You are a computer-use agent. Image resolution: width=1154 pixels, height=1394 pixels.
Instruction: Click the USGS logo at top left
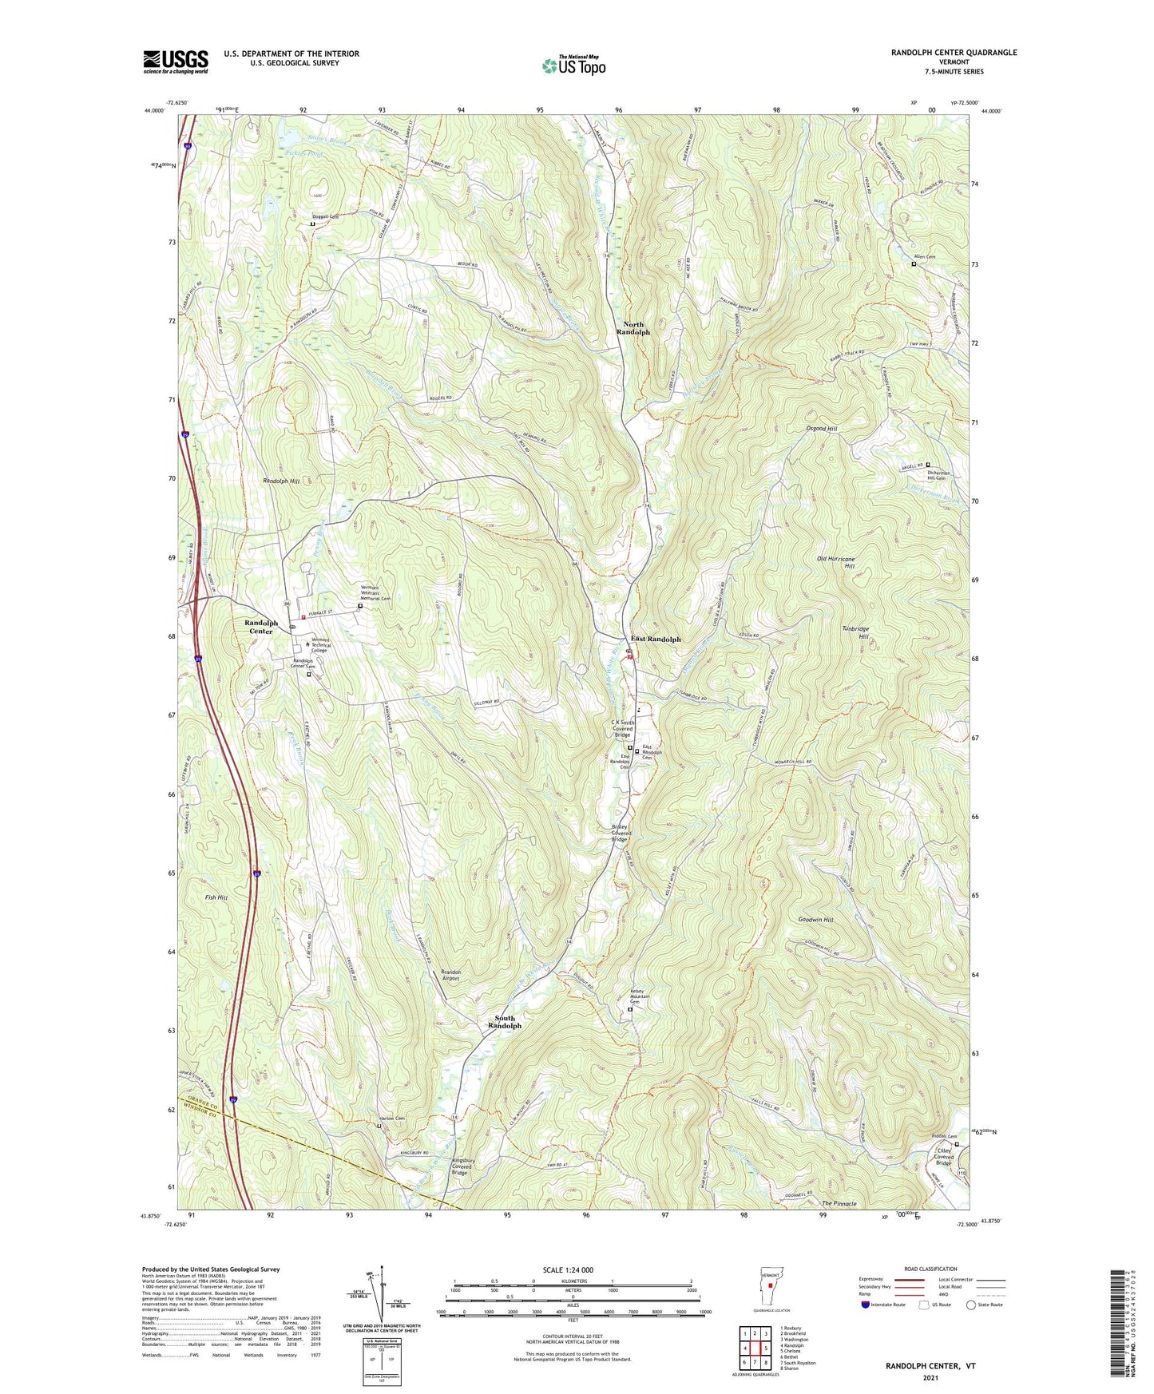[175, 61]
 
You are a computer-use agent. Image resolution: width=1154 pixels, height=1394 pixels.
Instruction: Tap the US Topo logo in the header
[573, 65]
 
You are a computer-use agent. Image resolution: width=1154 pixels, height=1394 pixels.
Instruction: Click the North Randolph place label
[636, 328]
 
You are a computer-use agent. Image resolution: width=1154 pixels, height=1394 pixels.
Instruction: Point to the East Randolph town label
[656, 640]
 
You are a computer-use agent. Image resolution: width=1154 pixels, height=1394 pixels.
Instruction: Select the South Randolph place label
[508, 1022]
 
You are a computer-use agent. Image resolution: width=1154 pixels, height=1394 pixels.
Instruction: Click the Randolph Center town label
[261, 627]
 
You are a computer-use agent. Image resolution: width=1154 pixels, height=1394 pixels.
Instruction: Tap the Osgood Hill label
[821, 429]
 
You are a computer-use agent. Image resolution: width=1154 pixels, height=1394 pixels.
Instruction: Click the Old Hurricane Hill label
[836, 563]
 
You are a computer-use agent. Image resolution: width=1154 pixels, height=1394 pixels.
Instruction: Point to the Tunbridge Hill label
[855, 632]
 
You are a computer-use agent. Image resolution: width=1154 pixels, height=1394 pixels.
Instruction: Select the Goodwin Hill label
[815, 920]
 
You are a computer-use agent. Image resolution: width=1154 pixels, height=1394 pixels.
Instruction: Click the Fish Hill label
[216, 897]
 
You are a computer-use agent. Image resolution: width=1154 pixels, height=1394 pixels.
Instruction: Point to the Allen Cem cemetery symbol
[914, 264]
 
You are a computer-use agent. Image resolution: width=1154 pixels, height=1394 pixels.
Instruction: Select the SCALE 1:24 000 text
[567, 1270]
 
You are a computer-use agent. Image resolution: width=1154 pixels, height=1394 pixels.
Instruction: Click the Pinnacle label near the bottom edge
[839, 1204]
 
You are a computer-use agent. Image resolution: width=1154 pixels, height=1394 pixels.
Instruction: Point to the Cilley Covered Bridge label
[944, 1157]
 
